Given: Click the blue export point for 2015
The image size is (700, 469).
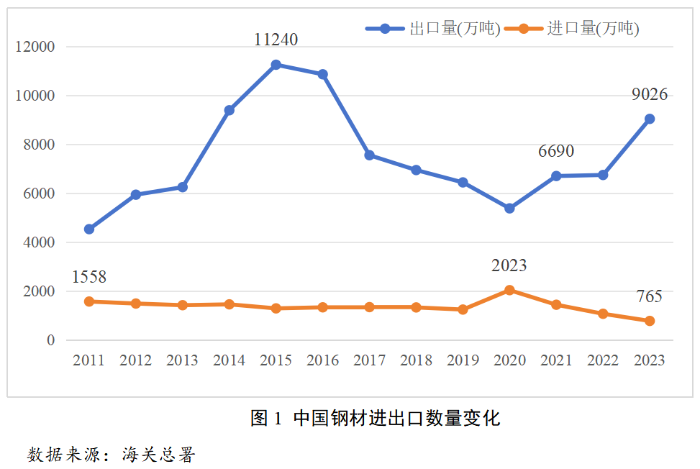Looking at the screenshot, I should pos(276,65).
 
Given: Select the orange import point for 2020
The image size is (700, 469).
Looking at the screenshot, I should pos(509,290).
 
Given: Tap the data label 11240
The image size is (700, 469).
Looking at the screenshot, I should pos(276,40).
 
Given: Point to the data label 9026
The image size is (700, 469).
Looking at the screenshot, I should pos(650,94).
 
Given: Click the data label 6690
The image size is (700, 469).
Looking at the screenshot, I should pos(556,152).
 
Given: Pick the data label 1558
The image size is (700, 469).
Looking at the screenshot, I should pos(89,277).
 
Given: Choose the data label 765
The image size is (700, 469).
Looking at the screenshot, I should pos(649,297).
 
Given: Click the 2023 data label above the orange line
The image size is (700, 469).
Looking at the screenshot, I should pos(509,266).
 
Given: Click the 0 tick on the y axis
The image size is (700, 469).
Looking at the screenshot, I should pos(51,340).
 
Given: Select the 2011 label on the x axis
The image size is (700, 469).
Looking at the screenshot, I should pos(88,360).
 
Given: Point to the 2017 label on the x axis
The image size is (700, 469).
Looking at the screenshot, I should pos(369,360).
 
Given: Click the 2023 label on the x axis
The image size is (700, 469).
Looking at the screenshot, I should pos(650,360).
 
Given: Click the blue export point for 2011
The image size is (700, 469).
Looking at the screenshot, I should pos(88,229).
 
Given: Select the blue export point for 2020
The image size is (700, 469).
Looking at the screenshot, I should pos(509,208).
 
